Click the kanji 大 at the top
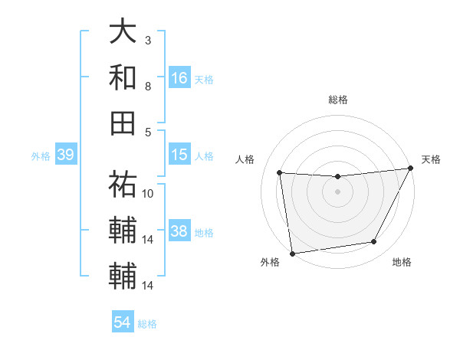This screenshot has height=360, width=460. coord(123,32)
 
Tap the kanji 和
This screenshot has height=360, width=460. coord(123,77)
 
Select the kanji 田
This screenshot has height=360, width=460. coord(123,122)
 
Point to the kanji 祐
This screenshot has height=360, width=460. coord(123,184)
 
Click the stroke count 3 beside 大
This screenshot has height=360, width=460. coord(148,39)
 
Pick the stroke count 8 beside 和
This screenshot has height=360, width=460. coord(148,86)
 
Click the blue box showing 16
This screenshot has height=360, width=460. coord(179,77)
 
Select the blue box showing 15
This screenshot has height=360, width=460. coord(179,155)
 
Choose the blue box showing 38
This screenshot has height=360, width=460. coord(179,232)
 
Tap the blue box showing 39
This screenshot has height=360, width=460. coord(65,155)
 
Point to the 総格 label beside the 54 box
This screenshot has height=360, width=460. coord(147,324)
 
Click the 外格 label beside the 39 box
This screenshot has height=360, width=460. coord(41,156)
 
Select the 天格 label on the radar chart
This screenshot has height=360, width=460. coord(431,159)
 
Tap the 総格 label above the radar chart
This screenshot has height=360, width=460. coord(338,100)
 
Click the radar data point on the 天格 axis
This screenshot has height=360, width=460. coord(410,169)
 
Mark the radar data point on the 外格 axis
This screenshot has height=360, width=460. coord(292,253)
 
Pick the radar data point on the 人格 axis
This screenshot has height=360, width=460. coord(280,173)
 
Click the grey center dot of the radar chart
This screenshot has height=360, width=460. coord(337,191)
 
